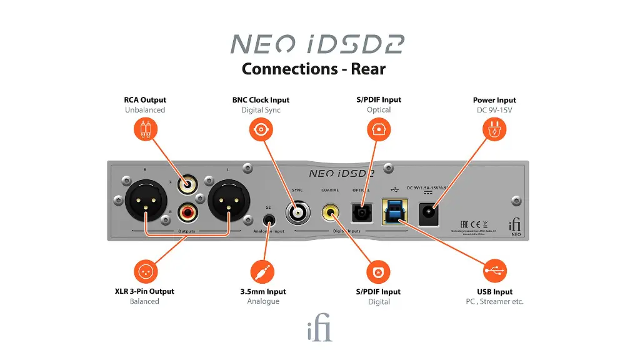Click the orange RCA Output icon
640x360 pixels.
tap(145, 130)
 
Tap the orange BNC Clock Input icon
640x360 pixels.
tap(261, 130)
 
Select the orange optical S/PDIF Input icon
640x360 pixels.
tap(378, 130)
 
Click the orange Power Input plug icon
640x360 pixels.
tap(494, 130)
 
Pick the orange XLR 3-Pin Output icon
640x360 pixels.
tap(145, 271)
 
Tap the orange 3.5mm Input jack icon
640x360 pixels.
tap(262, 271)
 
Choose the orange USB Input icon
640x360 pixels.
tap(495, 271)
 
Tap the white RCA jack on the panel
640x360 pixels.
tap(187, 185)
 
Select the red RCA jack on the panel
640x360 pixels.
tap(187, 212)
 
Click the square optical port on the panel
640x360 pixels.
tap(361, 213)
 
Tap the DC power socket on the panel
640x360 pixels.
tap(429, 212)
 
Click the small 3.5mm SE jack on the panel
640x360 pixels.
tap(269, 220)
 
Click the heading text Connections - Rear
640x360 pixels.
tap(313, 68)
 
